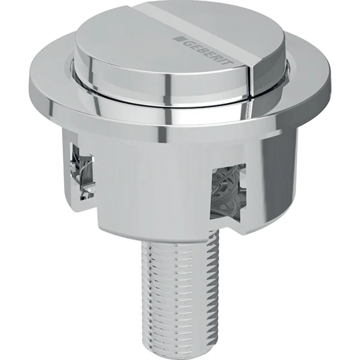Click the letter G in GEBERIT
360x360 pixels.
(x=188, y=43)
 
